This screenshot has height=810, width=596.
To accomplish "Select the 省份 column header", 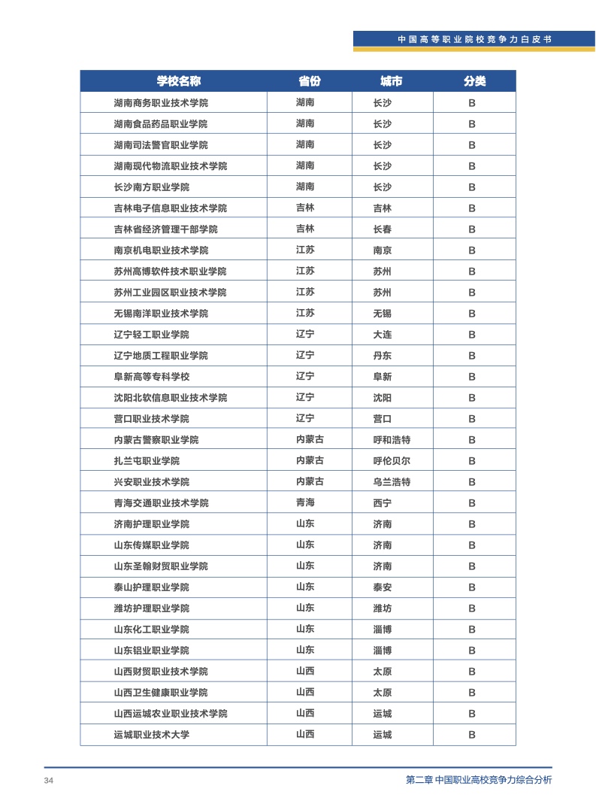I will pos(309,81).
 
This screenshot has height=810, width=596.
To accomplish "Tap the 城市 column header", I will pos(391,81).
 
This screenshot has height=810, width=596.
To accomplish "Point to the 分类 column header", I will pos(474,81).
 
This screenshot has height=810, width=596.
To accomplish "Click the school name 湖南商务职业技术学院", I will pos(161,103).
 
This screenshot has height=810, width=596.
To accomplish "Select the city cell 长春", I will pos(383,229).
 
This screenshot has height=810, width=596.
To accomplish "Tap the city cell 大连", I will pos(383,335).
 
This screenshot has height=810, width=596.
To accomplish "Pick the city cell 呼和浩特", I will pos(392,440).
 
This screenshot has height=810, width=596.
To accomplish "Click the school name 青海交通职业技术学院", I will pos(161,503).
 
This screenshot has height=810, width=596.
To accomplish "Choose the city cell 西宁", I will pos(383,503).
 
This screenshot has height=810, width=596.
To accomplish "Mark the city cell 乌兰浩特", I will pos(392,482).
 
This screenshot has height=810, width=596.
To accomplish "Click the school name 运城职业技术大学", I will pos(151,735).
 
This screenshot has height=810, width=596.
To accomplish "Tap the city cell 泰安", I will pos(383,587).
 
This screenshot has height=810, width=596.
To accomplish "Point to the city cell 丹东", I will pos(383,356).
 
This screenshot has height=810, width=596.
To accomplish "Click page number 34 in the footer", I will pos(49,781).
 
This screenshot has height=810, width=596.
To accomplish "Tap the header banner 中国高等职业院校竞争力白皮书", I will pos(473,39).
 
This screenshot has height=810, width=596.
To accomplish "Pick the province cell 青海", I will pos(305,503).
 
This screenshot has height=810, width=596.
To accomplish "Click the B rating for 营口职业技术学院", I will pos(472,419).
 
